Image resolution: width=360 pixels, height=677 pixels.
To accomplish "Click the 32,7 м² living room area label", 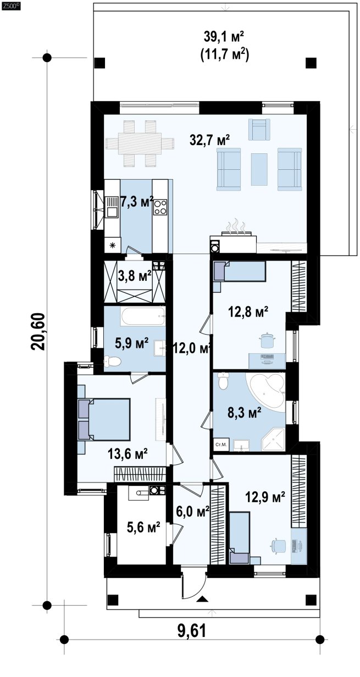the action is click(209, 140).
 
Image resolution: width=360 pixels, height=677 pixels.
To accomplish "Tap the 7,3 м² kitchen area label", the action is click(137, 202).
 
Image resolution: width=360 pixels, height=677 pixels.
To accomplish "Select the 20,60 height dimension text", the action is click(38, 331).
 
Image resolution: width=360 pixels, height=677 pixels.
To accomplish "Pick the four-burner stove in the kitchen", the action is click(160, 207).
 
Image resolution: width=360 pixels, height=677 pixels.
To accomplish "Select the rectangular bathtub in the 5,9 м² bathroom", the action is click(143, 317).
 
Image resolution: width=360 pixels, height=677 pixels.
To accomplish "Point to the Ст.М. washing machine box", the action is click(221, 445).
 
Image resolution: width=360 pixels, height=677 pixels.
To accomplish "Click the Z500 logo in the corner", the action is click(10, 5).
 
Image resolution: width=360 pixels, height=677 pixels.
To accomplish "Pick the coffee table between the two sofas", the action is click(259, 169).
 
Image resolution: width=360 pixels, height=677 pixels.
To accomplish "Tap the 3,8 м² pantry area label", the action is click(135, 276).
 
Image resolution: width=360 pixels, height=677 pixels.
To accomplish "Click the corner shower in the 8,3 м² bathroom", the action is click(273, 440).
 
